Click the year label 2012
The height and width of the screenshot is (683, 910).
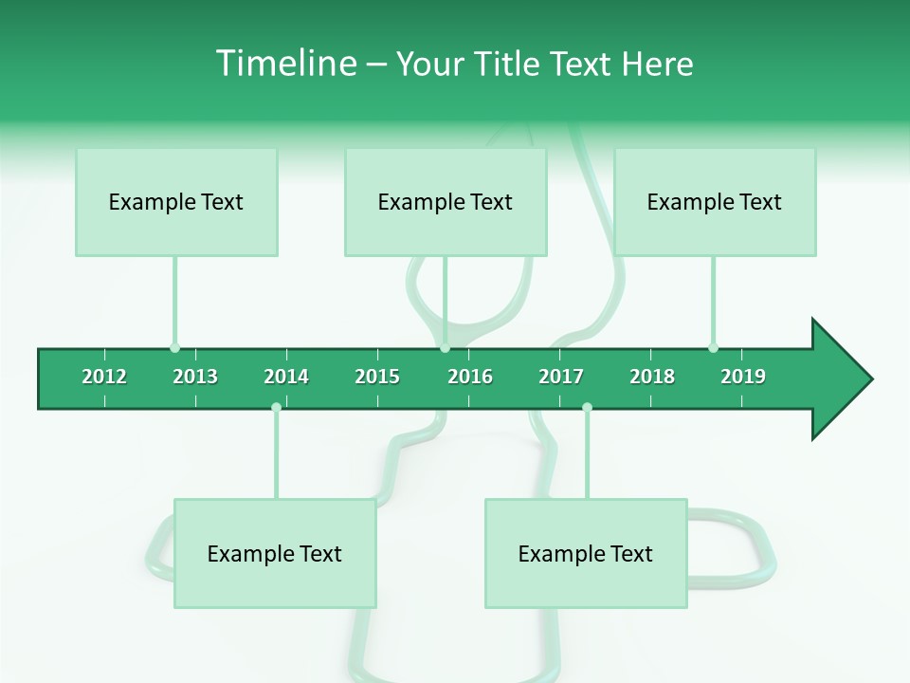pos(104,377)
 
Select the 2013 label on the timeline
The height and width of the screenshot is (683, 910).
pos(195,377)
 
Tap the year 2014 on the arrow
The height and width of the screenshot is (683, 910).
pos(286,377)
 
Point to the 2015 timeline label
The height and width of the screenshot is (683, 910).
pos(377,377)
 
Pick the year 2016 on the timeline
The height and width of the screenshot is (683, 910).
pos(470,377)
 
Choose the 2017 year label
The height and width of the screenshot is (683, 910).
pos(561,377)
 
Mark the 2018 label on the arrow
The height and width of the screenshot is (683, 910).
pos(652,377)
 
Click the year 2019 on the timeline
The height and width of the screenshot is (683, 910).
pos(743,377)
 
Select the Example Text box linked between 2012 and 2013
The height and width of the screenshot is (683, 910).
pos(176,202)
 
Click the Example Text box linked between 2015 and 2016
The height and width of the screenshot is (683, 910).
pos(446,202)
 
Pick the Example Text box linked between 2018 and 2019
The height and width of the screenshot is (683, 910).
pos(715,202)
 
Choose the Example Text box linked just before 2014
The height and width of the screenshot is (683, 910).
pos(275,554)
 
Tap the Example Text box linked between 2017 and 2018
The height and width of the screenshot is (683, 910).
pos(586,554)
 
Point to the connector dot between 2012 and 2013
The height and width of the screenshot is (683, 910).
pos(174,348)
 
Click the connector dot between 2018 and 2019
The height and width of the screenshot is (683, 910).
pos(713,348)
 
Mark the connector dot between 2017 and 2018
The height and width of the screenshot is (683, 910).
pos(587,408)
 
